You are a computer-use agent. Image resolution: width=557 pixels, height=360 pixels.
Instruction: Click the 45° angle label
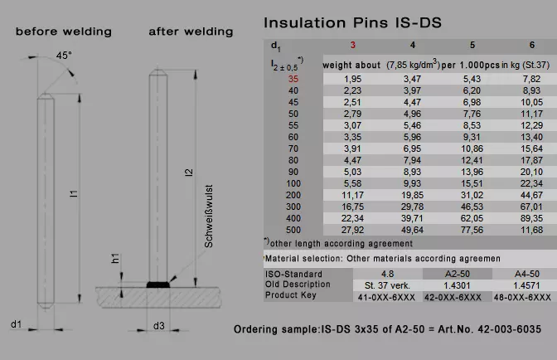64,56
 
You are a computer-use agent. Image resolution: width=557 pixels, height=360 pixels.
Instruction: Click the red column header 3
353,45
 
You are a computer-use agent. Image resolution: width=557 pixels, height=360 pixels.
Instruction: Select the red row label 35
293,79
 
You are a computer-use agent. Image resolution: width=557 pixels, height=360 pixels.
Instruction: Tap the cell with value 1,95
352,79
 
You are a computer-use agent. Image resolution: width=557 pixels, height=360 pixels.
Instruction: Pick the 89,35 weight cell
531,218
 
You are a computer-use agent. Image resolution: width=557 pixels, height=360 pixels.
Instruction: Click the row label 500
293,230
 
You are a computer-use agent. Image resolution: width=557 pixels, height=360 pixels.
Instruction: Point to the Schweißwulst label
209,216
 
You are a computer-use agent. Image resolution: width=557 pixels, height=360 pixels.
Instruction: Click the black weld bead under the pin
158,285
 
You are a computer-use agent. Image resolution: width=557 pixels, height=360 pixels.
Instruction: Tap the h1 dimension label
115,258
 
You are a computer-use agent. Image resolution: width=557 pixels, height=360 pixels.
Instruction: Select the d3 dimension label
159,326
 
